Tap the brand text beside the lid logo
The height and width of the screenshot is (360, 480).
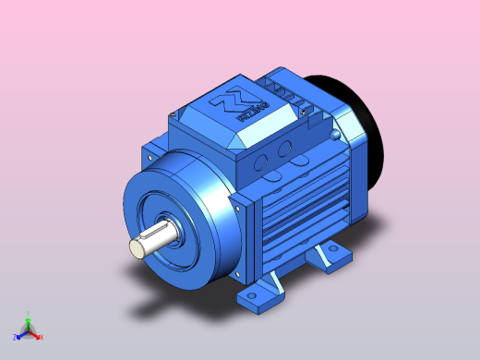coord(252,114)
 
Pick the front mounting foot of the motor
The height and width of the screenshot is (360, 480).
coord(261,295)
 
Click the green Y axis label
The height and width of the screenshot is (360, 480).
coord(29,314)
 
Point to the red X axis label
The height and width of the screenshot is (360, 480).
coord(41,337)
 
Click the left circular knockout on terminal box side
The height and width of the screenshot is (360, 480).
coord(263,161)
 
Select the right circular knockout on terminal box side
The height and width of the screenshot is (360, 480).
coord(285,148)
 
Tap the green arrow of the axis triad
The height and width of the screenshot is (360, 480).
coord(29,323)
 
